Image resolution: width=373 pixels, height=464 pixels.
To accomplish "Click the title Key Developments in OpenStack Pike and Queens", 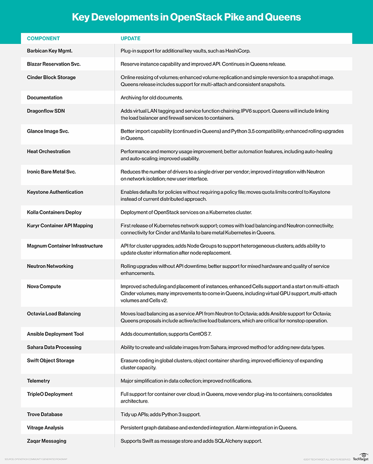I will (x=186, y=18).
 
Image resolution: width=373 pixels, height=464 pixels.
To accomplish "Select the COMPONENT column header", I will (x=43, y=38).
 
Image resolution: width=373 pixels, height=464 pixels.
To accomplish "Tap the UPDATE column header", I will (x=131, y=38).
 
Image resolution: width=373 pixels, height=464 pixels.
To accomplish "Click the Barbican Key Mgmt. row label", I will (x=52, y=50).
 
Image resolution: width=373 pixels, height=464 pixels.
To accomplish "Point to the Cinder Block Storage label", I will (x=51, y=77).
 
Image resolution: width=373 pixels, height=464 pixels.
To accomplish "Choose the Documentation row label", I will (x=45, y=98).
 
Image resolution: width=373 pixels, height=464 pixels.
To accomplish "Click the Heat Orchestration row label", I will (x=48, y=151).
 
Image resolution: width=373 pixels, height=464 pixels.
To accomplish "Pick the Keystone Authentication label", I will (x=55, y=192).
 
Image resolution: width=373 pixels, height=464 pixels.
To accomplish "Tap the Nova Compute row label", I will (x=44, y=287).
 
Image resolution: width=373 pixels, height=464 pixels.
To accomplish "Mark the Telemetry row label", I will (x=39, y=381).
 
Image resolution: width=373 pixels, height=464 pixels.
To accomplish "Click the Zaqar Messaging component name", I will (x=47, y=441).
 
